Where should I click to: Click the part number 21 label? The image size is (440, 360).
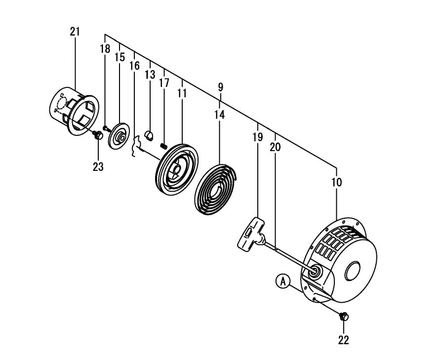(75, 32)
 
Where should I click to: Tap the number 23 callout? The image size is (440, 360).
(98, 167)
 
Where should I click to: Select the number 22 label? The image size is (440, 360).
(343, 340)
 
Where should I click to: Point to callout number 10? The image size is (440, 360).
(336, 182)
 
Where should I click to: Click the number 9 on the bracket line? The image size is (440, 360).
(220, 87)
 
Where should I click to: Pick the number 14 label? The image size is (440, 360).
(220, 115)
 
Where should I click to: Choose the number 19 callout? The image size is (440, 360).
(258, 137)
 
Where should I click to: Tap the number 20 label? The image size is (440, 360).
(275, 147)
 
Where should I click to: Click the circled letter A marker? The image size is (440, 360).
(282, 281)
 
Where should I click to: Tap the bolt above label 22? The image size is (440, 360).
(344, 316)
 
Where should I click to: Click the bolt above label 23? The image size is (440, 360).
(98, 135)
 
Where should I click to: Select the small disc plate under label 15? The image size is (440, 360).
(119, 135)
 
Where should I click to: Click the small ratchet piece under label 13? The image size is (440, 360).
(150, 134)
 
